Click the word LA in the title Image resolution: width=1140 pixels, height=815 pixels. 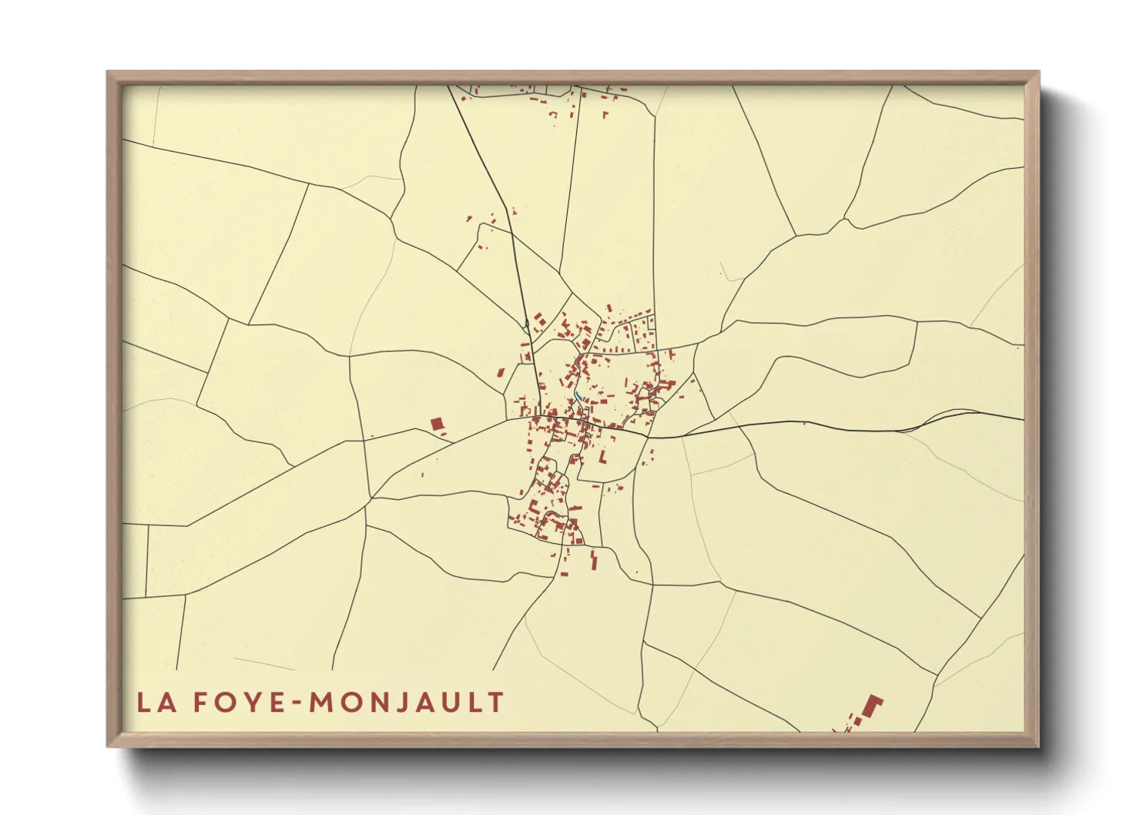click(x=153, y=703)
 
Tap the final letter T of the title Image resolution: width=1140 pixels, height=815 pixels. click(x=496, y=703)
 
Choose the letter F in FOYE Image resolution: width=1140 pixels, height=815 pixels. click(x=199, y=703)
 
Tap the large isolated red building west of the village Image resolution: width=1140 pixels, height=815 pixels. click(x=438, y=424)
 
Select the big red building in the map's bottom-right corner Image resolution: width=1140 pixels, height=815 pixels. click(x=872, y=706)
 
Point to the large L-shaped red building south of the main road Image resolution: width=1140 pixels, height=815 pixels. click(x=603, y=457)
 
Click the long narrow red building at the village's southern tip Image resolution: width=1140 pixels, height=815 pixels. click(x=594, y=560)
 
